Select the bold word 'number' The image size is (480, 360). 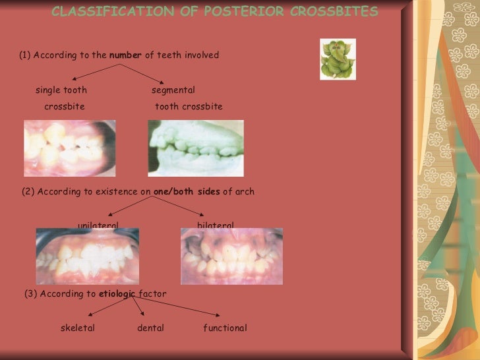point(125,55)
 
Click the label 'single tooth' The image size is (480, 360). point(61,90)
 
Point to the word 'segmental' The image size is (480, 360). point(173,90)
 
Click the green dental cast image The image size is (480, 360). point(195,148)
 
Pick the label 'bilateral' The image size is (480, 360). point(215,225)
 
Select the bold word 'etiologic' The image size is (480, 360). point(117,294)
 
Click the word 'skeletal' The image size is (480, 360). point(78,328)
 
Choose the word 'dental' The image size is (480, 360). point(150,328)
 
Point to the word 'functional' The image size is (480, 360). point(225,328)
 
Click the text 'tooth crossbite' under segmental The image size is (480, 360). point(189,107)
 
